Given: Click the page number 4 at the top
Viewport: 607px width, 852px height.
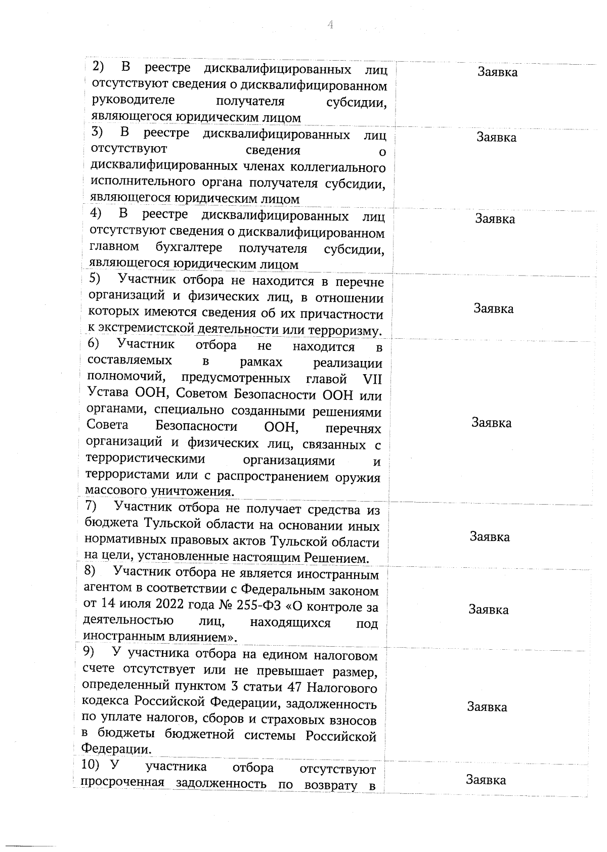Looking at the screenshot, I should [330, 25].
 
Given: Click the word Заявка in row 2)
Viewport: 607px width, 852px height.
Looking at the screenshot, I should [497, 72].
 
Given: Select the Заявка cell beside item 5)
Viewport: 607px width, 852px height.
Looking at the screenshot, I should [493, 308].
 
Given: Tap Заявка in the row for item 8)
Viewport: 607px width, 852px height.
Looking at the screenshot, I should [488, 609].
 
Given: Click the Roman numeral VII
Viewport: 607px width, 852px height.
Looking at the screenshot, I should [372, 379].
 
